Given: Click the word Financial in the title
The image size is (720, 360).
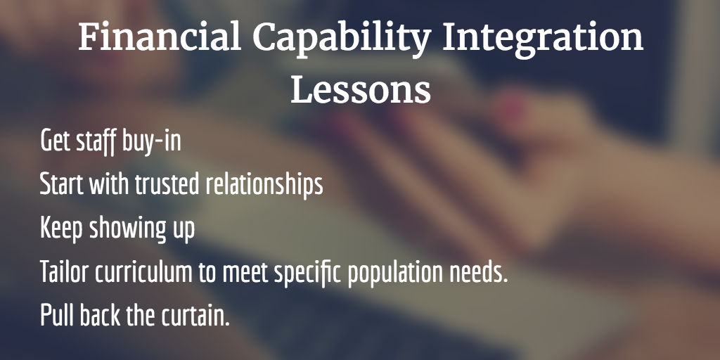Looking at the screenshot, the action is click(x=160, y=37).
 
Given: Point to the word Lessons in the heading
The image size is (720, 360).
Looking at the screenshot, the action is click(x=361, y=89).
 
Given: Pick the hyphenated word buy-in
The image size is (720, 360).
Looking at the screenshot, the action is click(x=152, y=141).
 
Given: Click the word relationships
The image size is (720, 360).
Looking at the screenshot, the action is click(x=264, y=186).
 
